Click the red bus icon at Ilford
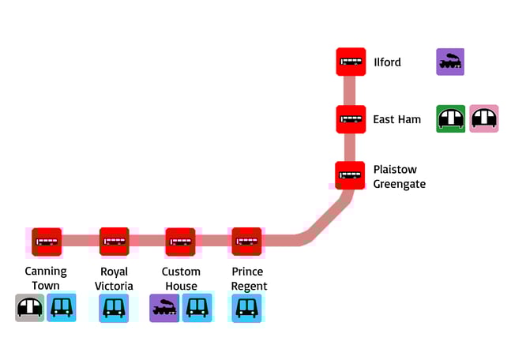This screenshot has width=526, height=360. click(351, 62)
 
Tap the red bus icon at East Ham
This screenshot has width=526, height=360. click(351, 119)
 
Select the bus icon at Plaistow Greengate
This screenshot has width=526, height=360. click(351, 175)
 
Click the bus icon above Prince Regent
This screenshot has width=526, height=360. click(246, 242)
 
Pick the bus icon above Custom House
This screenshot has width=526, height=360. click(180, 242)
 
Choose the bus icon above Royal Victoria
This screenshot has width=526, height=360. click(115, 242)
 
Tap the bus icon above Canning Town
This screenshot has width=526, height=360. click(47, 242)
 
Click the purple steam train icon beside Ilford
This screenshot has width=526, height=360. click(450, 62)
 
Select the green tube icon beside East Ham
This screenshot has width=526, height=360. click(451, 118)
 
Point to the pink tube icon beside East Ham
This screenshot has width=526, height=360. click(483, 118)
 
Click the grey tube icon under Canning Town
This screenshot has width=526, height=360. click(30, 307)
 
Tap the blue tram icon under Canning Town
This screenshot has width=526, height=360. click(62, 307)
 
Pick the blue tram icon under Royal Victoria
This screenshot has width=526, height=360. click(115, 307)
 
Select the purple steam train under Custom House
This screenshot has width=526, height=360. click(164, 307)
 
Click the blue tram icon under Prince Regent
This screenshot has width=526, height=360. click(246, 307)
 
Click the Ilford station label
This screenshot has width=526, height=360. click(387, 62)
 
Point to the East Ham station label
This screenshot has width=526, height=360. click(396, 119)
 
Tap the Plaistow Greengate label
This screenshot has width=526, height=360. click(399, 176)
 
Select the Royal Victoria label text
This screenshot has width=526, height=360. click(115, 278)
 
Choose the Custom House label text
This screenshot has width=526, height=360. click(181, 278)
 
